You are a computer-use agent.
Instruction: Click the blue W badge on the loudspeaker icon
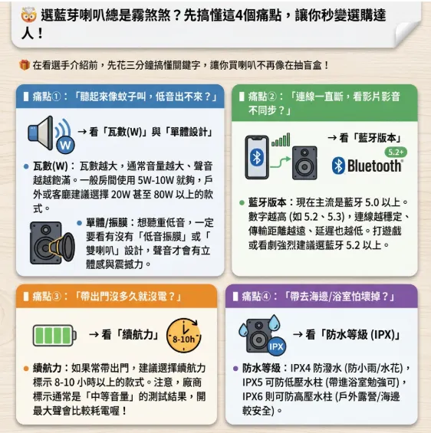[x=65, y=144]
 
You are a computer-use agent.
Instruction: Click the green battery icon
[x=54, y=335]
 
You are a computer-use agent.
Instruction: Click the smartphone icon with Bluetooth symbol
[x=257, y=159]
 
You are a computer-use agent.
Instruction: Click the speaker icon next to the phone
[x=305, y=162]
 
